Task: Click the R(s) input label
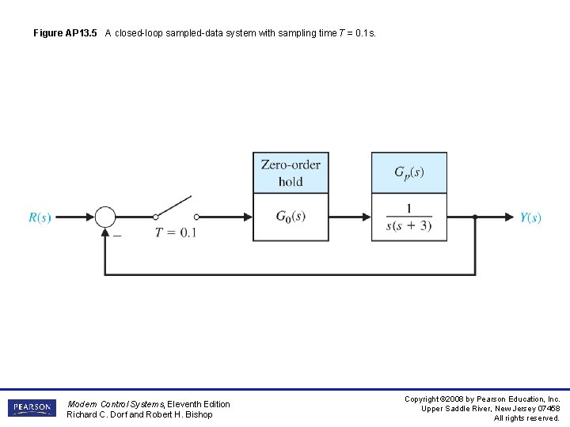click(40, 217)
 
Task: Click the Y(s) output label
click(530, 217)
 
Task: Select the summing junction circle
click(104, 217)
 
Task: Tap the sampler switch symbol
click(175, 208)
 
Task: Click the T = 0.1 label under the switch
click(175, 232)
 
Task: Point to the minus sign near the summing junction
click(117, 234)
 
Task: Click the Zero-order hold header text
click(291, 172)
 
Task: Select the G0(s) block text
click(291, 217)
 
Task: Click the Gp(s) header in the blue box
click(409, 172)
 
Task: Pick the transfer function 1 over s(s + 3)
click(409, 218)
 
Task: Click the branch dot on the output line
click(475, 217)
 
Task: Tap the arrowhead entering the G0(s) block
click(247, 217)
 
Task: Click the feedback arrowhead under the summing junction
click(104, 232)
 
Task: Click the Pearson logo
click(32, 408)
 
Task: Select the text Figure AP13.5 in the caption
click(66, 33)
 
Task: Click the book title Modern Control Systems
click(116, 404)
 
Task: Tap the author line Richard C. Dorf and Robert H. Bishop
click(139, 414)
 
